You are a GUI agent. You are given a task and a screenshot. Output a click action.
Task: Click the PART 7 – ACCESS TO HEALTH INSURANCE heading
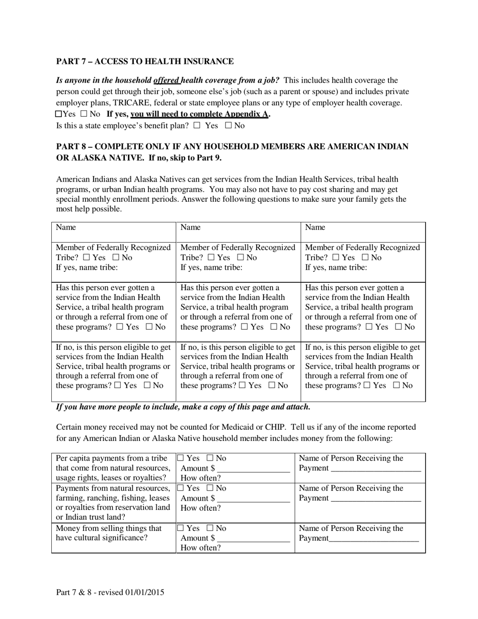(145, 61)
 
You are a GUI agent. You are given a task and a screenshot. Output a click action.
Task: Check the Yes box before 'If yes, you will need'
(59, 114)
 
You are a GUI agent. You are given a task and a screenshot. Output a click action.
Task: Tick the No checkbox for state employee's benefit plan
(228, 125)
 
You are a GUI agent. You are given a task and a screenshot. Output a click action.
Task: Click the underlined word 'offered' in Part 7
(166, 80)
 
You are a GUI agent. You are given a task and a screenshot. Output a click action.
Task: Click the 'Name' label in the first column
(66, 227)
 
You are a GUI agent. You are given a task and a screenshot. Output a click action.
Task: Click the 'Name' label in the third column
(315, 227)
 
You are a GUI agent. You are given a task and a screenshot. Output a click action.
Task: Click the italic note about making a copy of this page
(183, 407)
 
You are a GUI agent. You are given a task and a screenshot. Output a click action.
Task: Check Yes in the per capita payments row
(180, 458)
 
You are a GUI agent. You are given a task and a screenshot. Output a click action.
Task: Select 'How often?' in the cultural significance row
(200, 548)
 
